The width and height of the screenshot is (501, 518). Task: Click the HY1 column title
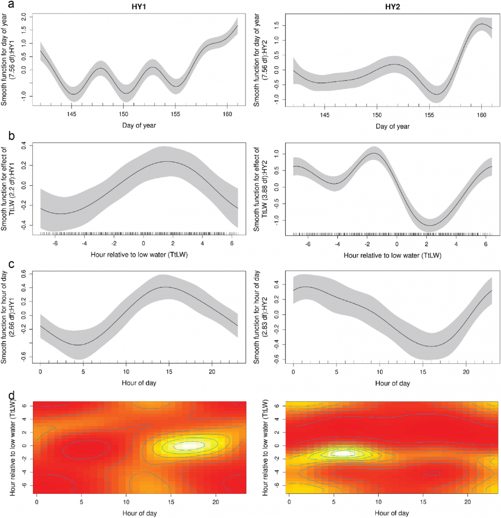pos(139,7)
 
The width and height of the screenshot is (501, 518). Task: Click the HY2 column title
pos(392,7)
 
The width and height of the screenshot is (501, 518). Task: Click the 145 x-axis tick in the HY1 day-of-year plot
pos(72,114)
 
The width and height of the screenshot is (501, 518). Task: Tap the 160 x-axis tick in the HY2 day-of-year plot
pos(481,115)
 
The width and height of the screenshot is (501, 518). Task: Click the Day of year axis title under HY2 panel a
pos(392,126)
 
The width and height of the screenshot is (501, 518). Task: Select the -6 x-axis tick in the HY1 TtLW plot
pos(55,243)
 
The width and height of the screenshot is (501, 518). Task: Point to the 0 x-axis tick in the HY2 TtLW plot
pos(397,244)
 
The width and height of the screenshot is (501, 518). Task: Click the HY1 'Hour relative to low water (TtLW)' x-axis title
pos(139,254)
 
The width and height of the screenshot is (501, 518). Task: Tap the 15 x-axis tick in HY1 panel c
pos(169,372)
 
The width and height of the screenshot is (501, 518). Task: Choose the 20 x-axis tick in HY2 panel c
pos(466,372)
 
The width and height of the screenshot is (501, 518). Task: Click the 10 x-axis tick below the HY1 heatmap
pos(126,502)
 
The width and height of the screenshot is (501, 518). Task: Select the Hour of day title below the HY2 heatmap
pos(392,513)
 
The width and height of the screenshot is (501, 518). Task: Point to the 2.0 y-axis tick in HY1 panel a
pos(24,17)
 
